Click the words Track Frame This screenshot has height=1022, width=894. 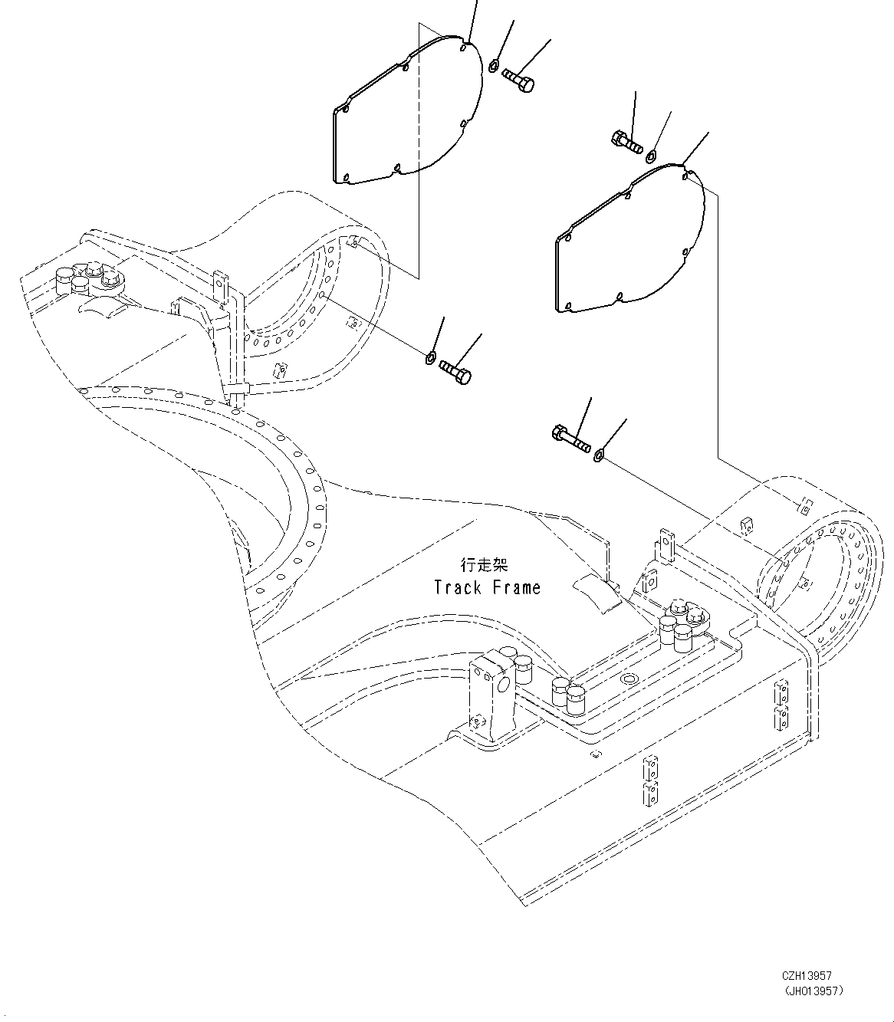tap(487, 588)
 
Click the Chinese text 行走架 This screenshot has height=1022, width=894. tap(484, 565)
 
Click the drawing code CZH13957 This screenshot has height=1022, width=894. tap(807, 976)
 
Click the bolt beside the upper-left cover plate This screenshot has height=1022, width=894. tap(518, 80)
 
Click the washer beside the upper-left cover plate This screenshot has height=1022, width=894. tap(494, 64)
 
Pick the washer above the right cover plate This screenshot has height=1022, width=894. tap(651, 156)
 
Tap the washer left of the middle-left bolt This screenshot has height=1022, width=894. tap(431, 357)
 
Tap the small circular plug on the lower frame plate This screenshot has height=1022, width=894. tap(629, 680)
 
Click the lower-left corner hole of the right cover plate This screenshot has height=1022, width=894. tap(568, 307)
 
